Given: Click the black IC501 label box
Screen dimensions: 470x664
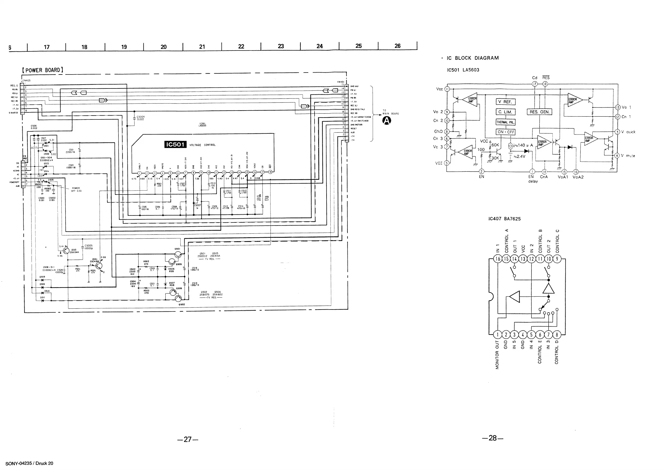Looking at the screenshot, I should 175,144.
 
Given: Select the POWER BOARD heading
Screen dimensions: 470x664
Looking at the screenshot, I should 42,70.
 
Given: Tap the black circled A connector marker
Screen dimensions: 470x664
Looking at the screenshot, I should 386,120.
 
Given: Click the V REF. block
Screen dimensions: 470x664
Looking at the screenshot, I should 505,102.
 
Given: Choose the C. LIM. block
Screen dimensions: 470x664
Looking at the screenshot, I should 505,112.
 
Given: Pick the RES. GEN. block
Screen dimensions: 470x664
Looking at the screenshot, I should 539,112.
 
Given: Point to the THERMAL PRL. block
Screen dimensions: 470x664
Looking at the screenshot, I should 506,122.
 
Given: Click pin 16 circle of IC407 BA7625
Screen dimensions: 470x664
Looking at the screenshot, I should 498,259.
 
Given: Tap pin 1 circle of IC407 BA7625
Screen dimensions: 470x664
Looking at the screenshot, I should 498,335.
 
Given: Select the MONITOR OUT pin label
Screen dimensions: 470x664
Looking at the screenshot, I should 498,355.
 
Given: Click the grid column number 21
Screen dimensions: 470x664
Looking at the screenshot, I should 202,47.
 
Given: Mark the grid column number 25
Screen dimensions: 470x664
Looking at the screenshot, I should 358,46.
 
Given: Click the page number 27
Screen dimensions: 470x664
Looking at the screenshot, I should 188,439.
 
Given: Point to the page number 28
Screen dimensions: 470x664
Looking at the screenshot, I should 492,438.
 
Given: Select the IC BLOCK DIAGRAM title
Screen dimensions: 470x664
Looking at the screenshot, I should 472,58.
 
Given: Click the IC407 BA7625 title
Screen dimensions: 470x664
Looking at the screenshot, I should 504,219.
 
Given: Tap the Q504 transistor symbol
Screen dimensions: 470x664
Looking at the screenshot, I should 99,266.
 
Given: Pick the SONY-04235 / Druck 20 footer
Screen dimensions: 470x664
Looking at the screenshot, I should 29,463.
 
